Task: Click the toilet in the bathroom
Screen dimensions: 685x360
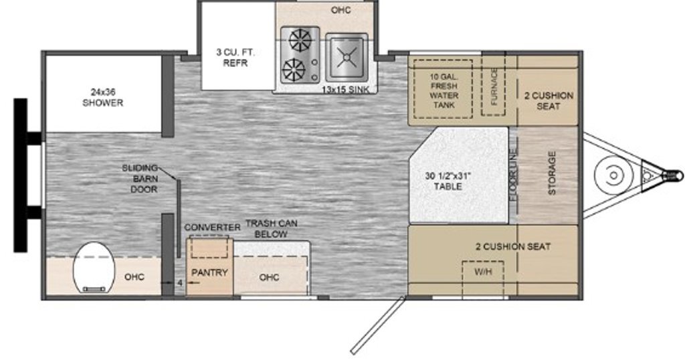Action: (94, 267)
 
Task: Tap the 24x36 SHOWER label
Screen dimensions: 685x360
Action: (102, 98)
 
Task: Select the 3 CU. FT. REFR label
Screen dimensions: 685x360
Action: (235, 58)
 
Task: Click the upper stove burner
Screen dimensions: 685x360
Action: (301, 41)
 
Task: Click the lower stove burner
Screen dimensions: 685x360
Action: (294, 70)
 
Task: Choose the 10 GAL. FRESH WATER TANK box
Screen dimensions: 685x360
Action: (443, 89)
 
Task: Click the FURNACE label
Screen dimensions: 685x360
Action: (494, 87)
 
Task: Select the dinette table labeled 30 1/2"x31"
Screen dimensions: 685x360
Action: (459, 175)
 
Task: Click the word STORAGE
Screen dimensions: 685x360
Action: (552, 173)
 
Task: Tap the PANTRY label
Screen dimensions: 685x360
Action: (209, 272)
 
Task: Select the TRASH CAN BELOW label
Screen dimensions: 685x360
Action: (272, 228)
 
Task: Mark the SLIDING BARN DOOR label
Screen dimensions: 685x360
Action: (140, 178)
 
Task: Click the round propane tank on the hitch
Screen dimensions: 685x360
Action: (614, 175)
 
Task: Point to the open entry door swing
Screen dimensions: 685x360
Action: (378, 325)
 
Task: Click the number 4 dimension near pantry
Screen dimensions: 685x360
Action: (179, 282)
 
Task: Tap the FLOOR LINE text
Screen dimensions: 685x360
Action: (513, 175)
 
